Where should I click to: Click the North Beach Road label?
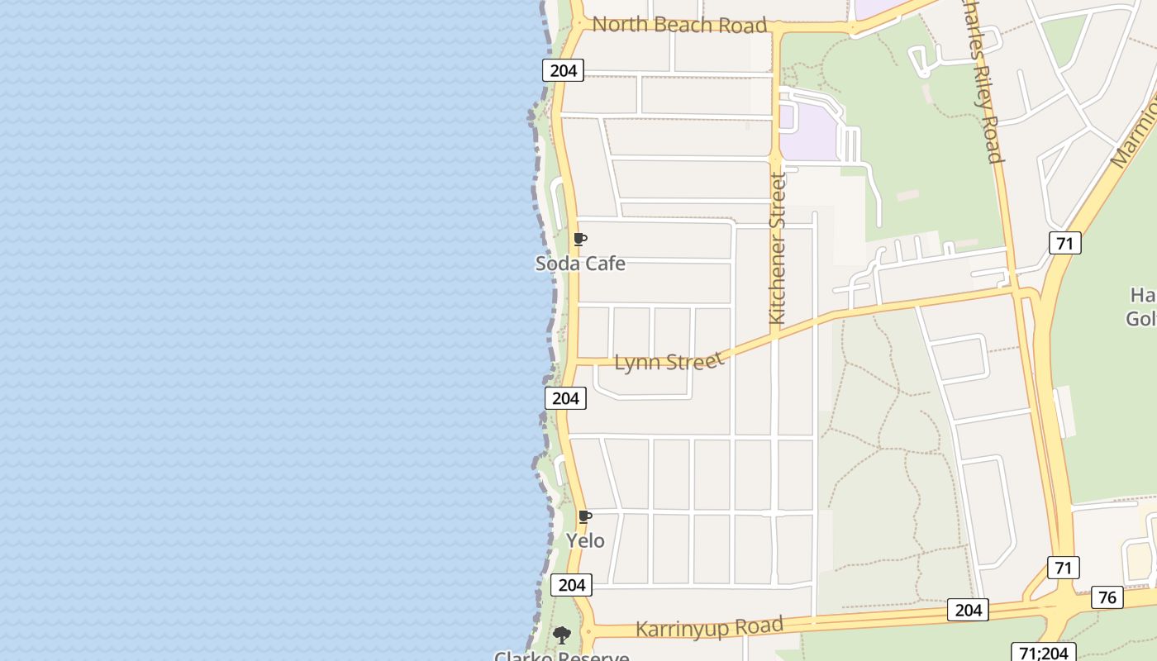pos(679,25)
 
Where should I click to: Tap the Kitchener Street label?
pos(776,248)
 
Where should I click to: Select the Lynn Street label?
pos(669,362)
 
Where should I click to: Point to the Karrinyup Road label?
pos(709,628)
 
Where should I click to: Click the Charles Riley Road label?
pos(983,83)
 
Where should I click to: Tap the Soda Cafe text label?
pos(580,264)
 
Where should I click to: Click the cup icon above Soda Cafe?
pos(580,240)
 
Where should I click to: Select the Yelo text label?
pos(585,541)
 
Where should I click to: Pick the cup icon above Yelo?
pos(585,517)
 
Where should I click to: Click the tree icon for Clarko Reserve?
pos(562,635)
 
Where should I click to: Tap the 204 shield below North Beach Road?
pos(563,70)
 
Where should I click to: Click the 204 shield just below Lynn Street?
pos(565,398)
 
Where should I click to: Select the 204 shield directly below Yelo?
pos(571,585)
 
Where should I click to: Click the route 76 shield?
pos(1107,597)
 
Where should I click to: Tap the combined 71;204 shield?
pos(1043,653)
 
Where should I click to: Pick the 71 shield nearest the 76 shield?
pos(1064,568)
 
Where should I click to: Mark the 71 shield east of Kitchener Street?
pos(1065,243)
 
